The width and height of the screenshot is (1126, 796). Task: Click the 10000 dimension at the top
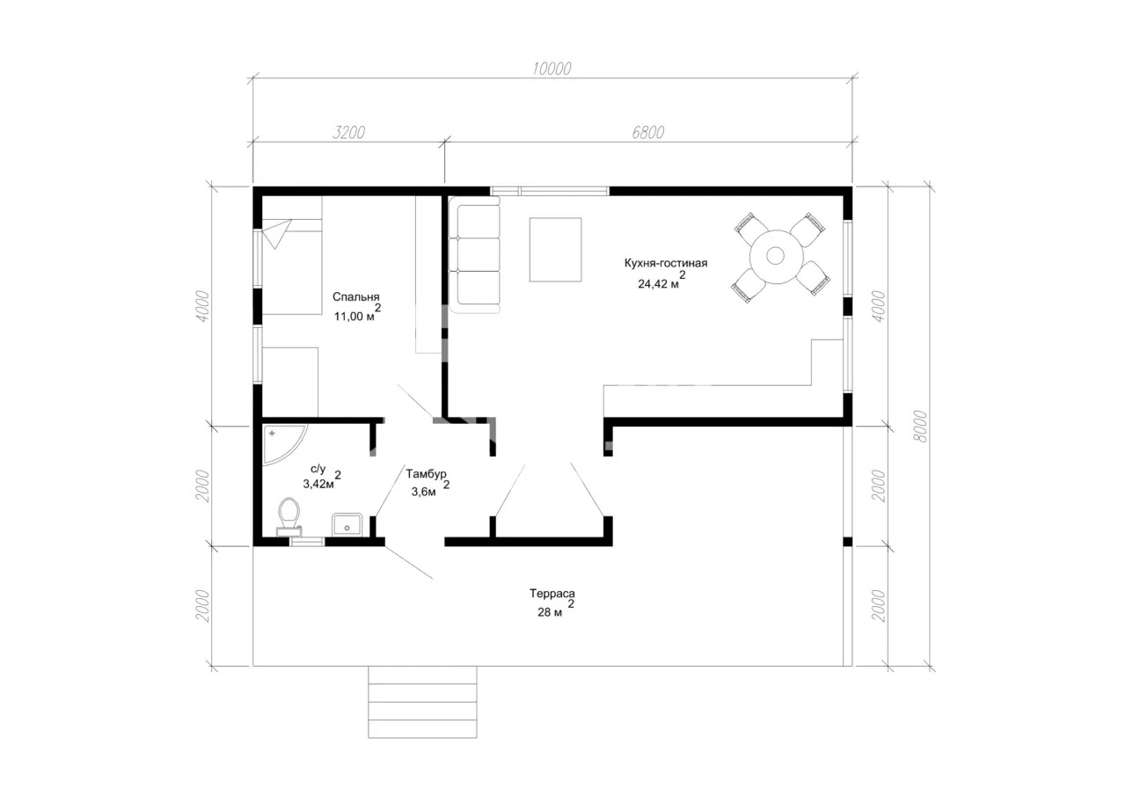(x=552, y=69)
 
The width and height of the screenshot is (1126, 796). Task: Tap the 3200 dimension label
(x=348, y=132)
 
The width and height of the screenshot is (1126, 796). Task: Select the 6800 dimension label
(x=648, y=132)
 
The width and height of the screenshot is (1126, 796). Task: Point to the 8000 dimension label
(x=919, y=426)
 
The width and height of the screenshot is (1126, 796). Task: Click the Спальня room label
(x=356, y=297)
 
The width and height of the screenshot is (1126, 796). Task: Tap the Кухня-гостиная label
(x=666, y=263)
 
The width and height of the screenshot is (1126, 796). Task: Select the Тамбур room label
(x=427, y=474)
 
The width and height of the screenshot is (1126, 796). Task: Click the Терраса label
(x=552, y=594)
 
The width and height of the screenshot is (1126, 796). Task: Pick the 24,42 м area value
(x=658, y=284)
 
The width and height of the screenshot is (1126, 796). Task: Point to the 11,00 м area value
(x=355, y=317)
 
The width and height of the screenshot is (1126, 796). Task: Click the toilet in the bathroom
(x=289, y=516)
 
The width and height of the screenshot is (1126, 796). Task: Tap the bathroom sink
(x=347, y=524)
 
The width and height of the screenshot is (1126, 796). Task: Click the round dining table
(x=776, y=256)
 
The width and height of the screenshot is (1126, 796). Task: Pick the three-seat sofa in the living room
(x=474, y=255)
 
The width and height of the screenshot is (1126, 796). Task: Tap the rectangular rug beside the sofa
(x=555, y=250)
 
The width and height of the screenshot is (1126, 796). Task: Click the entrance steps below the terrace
(x=422, y=702)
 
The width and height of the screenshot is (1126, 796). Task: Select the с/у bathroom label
(x=318, y=469)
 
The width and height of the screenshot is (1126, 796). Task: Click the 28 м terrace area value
(x=550, y=612)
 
